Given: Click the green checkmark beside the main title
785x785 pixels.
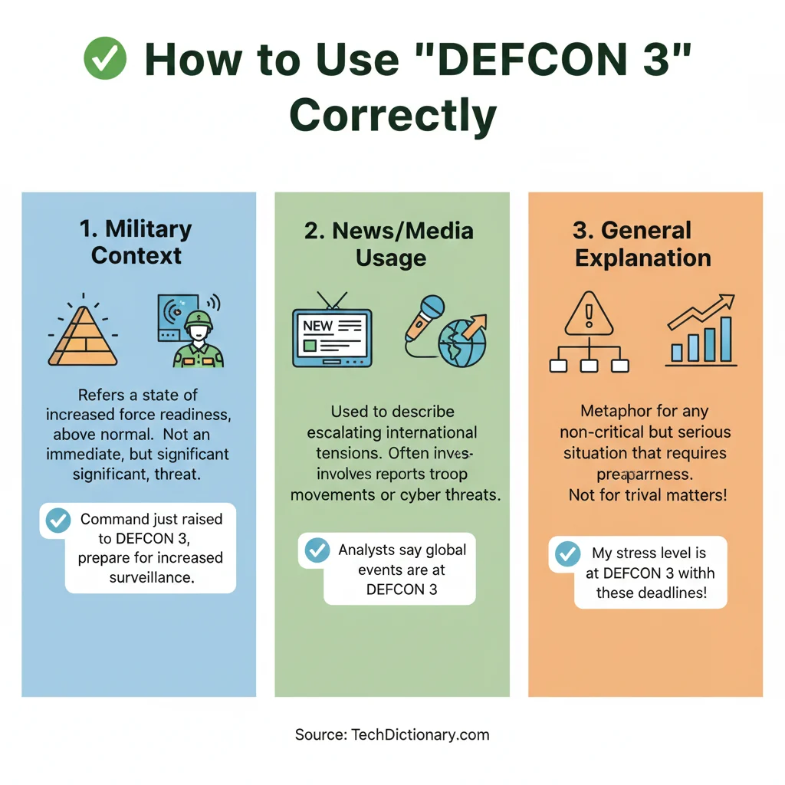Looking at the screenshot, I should (104, 60).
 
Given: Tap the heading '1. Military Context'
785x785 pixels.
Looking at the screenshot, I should (136, 241).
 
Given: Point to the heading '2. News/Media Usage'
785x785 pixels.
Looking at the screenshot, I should (389, 244).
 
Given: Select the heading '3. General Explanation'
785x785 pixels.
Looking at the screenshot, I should (642, 243).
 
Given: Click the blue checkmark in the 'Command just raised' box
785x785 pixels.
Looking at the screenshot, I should (58, 521).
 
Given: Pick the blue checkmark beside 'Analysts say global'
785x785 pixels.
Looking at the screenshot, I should (317, 550).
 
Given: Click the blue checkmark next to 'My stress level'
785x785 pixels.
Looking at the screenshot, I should (567, 554).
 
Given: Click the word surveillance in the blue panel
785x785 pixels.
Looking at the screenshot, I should (152, 577).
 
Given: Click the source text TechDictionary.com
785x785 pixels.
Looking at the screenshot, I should (420, 734).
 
